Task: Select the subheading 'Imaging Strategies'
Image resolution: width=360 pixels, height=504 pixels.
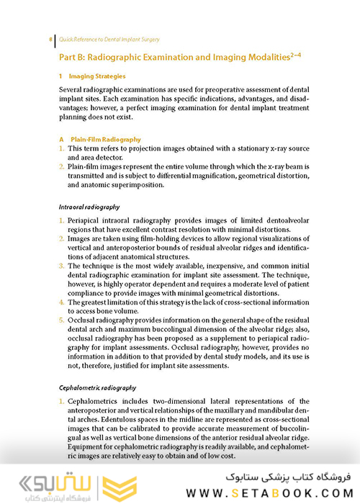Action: click(x=97, y=76)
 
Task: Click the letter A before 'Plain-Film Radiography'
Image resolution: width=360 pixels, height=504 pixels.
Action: click(x=62, y=139)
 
